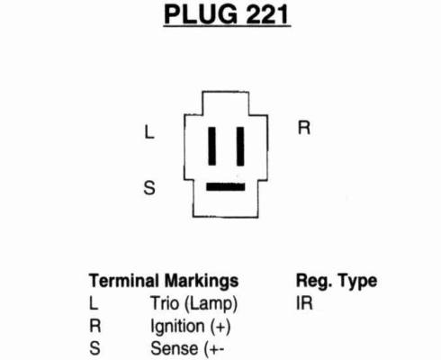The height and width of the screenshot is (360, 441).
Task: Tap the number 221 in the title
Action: click(267, 14)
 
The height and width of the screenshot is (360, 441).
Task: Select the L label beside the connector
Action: click(149, 132)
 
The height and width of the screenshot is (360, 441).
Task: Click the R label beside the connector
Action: click(304, 128)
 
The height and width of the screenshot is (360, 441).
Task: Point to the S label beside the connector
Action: click(149, 188)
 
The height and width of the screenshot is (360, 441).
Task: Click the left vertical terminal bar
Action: click(212, 146)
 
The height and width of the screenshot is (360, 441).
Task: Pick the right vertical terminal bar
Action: click(240, 147)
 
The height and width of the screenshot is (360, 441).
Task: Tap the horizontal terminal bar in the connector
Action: click(226, 187)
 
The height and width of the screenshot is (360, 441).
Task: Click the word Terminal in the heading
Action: click(124, 281)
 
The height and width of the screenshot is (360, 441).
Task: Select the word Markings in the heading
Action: click(202, 282)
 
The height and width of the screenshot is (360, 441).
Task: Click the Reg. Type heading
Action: click(337, 282)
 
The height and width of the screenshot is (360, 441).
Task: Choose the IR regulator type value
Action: click(304, 303)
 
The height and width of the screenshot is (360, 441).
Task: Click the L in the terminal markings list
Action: click(94, 303)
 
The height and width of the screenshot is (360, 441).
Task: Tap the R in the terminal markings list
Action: click(95, 326)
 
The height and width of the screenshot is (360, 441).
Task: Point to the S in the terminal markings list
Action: click(94, 348)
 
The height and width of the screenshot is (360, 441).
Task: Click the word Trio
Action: click(165, 303)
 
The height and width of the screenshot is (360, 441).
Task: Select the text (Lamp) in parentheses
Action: click(211, 304)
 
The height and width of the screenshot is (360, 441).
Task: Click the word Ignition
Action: click(177, 327)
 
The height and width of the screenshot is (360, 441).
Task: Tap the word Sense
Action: click(175, 348)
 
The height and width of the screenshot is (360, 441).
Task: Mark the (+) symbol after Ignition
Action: click(220, 327)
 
